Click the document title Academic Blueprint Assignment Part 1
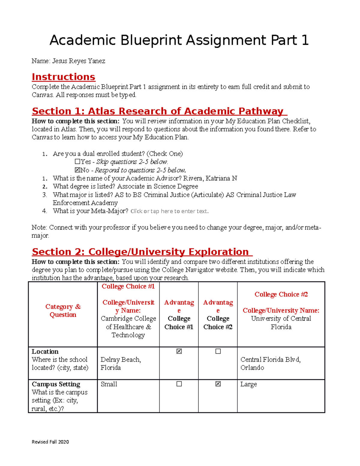coord(179,40)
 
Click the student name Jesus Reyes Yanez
coord(79,61)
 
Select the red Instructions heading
coord(63,77)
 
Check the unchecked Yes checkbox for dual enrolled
coord(77,162)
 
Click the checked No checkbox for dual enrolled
coord(77,170)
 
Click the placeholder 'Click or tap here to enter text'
coord(169,211)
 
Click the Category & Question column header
coord(63,311)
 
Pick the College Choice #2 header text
coord(281,294)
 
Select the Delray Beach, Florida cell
coord(121,363)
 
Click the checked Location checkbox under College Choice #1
coord(179,351)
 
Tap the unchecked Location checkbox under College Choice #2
coord(218,351)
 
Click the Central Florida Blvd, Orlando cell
coord(270,363)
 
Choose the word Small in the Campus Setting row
coord(109,384)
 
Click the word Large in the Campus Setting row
coord(248,384)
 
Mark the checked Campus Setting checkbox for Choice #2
coord(218,384)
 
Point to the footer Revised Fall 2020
coord(50,442)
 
